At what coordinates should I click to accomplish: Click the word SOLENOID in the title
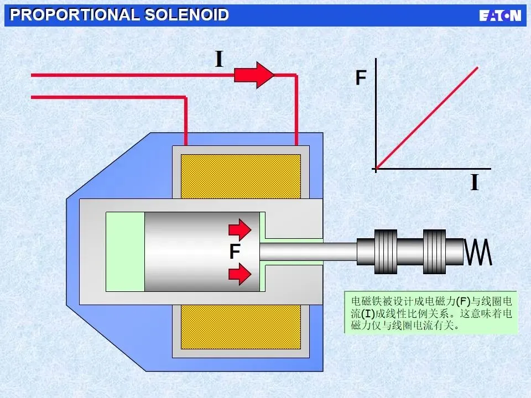(186, 15)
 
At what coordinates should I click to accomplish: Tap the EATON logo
(500, 15)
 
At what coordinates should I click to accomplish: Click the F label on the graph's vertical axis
(361, 78)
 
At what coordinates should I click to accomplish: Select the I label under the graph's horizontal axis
(474, 182)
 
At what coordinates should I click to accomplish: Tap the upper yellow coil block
(241, 176)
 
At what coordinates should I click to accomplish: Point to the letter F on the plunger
(235, 253)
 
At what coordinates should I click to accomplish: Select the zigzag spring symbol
(479, 252)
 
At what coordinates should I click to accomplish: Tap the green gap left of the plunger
(125, 252)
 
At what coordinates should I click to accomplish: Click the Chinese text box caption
(431, 312)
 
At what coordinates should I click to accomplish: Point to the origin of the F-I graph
(376, 168)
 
